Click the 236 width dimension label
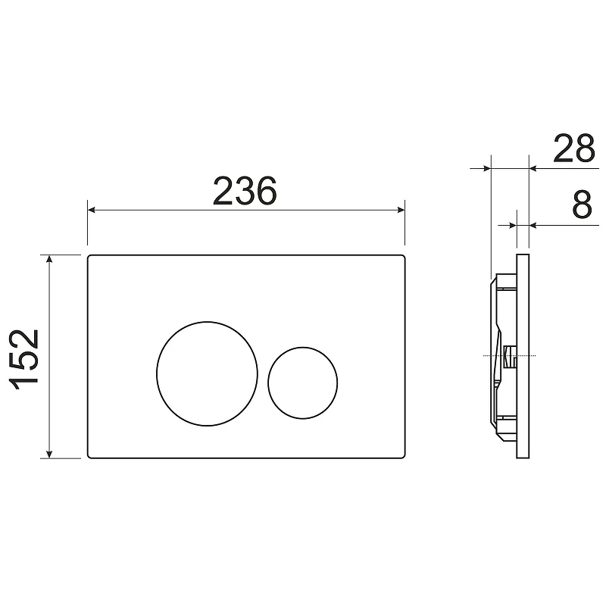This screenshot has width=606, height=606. point(245,191)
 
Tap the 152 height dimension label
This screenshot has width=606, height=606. point(24,359)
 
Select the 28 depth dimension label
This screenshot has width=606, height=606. point(574,148)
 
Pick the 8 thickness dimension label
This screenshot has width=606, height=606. point(582,204)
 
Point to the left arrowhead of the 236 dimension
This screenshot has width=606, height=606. point(92,210)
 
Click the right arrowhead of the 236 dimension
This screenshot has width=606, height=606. point(401,210)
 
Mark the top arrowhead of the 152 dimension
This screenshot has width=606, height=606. point(49,259)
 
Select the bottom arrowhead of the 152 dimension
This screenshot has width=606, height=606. point(49,454)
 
